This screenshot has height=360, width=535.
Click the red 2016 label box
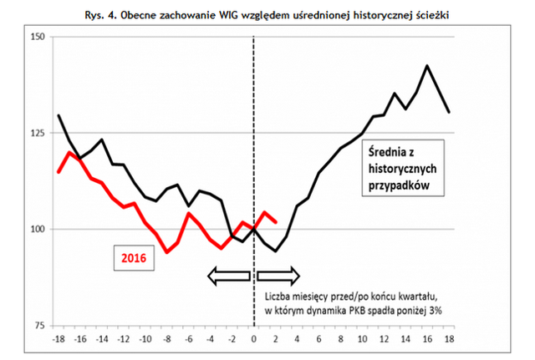click(x=133, y=258)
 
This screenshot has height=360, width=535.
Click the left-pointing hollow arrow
click(x=228, y=276)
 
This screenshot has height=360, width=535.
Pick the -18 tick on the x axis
click(x=58, y=339)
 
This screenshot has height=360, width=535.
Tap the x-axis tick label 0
click(x=254, y=339)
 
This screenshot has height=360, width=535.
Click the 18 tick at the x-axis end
click(x=450, y=339)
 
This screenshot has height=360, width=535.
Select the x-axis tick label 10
click(x=363, y=339)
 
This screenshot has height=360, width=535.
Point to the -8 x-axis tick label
click(x=166, y=339)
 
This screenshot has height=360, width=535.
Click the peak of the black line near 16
click(x=428, y=65)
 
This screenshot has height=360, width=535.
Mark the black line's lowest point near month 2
click(x=276, y=251)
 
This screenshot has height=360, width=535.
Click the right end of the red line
click(x=276, y=222)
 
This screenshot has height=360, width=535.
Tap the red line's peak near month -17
click(x=69, y=152)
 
